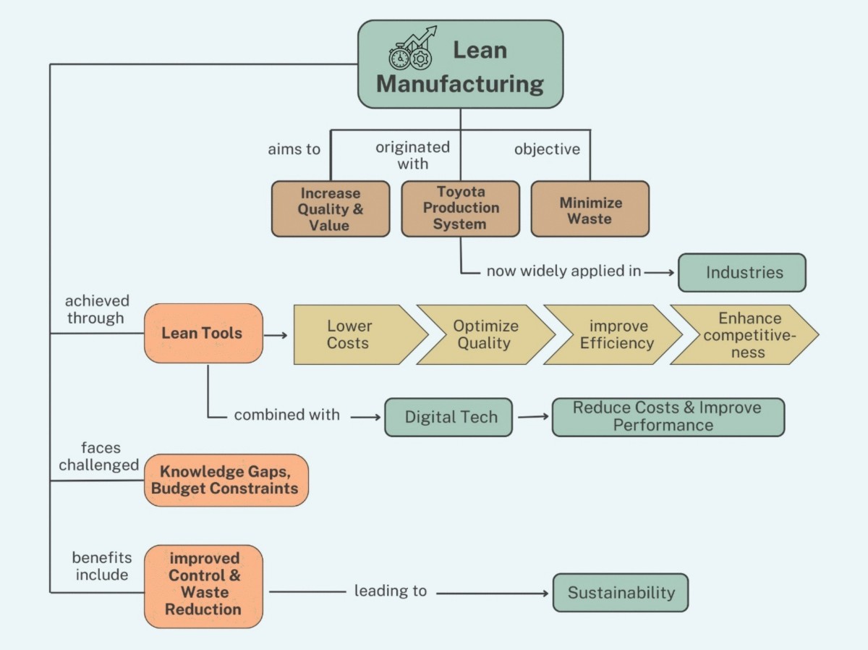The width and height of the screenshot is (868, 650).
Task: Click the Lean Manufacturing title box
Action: [460, 65]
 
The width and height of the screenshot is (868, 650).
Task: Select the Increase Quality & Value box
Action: [330, 209]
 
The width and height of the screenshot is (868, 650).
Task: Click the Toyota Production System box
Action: [461, 208]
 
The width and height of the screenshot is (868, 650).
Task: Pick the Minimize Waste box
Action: [590, 209]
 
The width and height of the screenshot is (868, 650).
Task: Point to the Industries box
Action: [741, 273]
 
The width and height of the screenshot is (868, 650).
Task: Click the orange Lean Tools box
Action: [203, 333]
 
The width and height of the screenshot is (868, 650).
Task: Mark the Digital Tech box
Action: [448, 417]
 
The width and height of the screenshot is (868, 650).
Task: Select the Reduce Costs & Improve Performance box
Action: [667, 417]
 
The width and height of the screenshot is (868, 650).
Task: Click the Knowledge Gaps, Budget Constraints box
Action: [226, 480]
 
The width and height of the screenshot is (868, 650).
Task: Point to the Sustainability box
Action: [620, 593]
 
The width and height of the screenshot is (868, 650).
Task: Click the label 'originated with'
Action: [412, 156]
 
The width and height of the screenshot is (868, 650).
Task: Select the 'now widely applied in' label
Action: [563, 271]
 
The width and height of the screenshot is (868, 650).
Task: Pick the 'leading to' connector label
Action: [390, 591]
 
